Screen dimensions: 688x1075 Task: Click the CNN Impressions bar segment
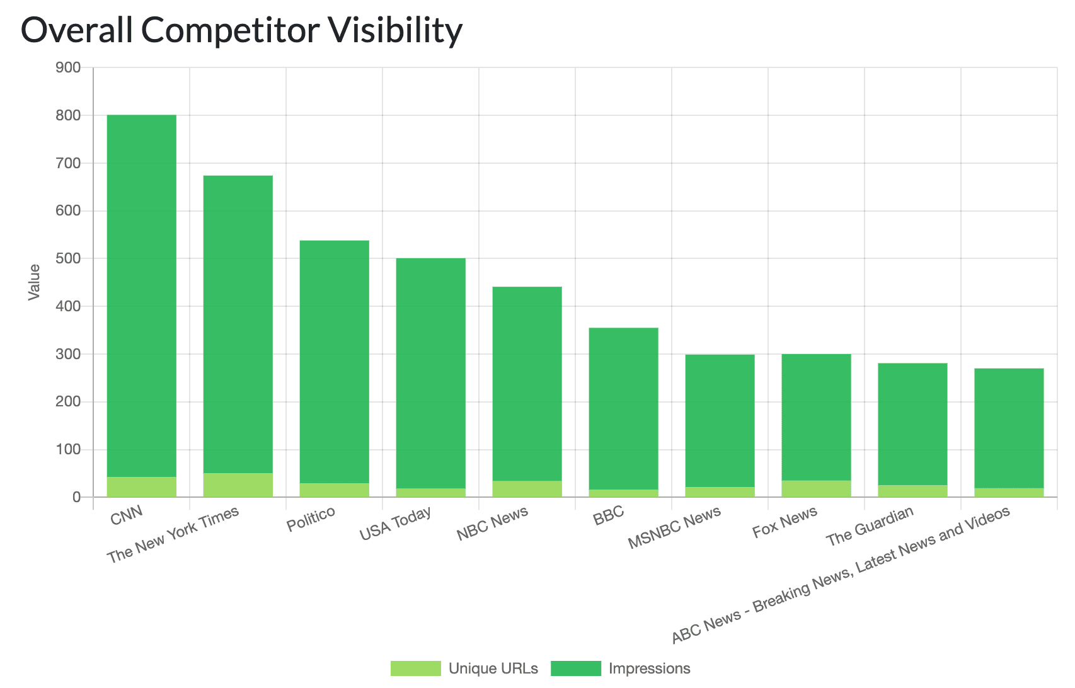click(142, 296)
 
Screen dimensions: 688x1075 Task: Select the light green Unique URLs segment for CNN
click(142, 487)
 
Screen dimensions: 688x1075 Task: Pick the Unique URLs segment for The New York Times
click(238, 485)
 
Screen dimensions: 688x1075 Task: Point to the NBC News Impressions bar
click(527, 384)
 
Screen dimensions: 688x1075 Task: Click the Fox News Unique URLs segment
click(817, 489)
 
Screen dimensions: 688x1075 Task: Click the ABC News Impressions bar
click(1009, 428)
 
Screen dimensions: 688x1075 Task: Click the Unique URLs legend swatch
click(416, 668)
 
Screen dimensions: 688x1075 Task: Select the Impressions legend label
click(650, 668)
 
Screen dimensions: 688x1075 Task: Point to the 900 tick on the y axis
click(69, 67)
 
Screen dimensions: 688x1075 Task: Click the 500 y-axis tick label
click(69, 258)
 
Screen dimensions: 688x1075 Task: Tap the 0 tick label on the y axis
click(76, 497)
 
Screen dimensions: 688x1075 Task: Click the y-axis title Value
click(35, 282)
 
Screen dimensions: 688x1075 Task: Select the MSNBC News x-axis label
click(675, 528)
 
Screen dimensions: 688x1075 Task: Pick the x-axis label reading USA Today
click(396, 523)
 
